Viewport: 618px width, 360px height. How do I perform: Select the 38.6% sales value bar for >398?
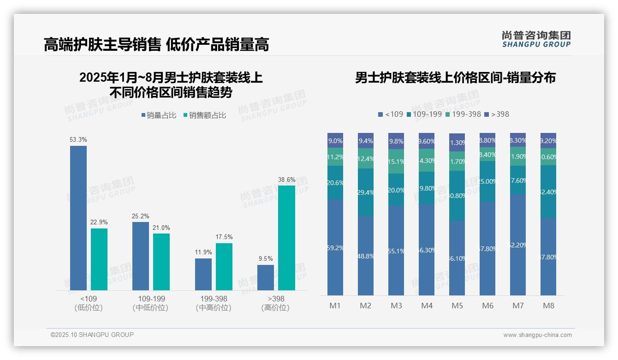[x=286, y=238]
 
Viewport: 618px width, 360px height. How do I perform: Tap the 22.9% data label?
[x=99, y=222]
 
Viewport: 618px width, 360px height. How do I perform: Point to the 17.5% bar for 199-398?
[x=224, y=267]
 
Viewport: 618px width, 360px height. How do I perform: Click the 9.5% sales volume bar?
[x=266, y=277]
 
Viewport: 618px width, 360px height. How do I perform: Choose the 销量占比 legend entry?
[x=159, y=115]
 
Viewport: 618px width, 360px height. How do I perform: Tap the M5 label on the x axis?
[x=457, y=306]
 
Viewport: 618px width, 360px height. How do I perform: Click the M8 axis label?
[x=548, y=306]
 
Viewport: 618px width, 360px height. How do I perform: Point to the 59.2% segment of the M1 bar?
[x=335, y=247]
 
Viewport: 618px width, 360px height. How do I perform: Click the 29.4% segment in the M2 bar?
[x=366, y=192]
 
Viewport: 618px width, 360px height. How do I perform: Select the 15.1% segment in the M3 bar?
[x=396, y=162]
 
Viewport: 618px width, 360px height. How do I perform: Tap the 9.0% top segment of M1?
[x=335, y=140]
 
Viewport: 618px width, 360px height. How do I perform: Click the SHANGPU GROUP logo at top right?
[x=536, y=39]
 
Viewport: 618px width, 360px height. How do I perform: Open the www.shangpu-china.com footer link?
[x=537, y=335]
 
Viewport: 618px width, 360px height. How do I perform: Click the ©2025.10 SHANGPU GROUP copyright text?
[x=92, y=335]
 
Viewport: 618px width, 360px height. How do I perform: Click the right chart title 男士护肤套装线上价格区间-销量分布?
[x=455, y=78]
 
